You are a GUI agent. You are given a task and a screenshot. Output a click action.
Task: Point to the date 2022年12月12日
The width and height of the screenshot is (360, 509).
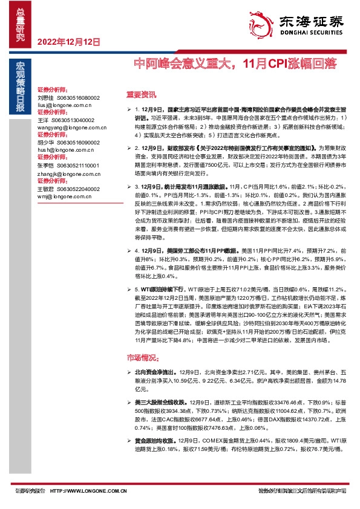click(68, 42)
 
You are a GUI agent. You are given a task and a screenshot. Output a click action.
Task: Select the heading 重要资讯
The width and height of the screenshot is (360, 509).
click(141, 94)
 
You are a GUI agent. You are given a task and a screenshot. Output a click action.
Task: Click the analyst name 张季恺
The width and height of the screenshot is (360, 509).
click(45, 165)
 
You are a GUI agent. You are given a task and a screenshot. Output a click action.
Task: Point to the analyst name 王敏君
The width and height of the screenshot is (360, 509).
click(45, 188)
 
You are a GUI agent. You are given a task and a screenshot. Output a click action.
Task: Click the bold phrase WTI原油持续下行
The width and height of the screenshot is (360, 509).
click(169, 290)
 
